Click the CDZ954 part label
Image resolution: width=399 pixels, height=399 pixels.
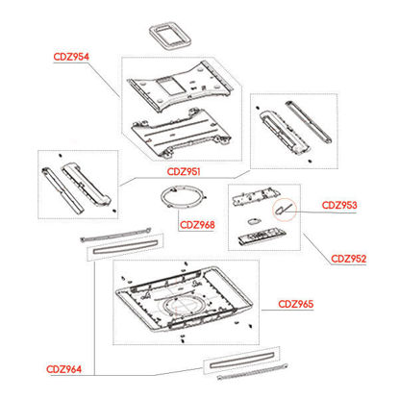click(x=71, y=57)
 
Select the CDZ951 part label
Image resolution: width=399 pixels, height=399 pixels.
click(x=184, y=171)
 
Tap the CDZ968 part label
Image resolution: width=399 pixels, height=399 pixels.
click(x=197, y=225)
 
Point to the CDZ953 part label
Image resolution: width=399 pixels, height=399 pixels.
click(x=339, y=205)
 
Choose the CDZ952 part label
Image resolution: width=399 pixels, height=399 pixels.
click(x=348, y=259)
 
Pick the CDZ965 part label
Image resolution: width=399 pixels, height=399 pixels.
click(x=295, y=304)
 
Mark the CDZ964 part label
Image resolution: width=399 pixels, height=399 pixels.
click(x=63, y=369)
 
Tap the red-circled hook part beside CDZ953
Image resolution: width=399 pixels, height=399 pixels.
click(x=285, y=209)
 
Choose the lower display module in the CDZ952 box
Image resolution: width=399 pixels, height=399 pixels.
click(x=262, y=236)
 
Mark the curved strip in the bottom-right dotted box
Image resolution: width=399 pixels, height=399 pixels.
click(x=242, y=360)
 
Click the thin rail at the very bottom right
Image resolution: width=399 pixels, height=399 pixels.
click(x=253, y=372)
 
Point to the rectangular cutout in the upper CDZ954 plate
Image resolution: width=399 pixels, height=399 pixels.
click(x=171, y=87)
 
